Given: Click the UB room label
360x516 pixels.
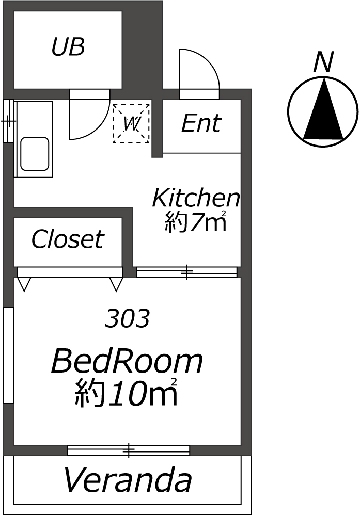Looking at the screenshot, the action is point(68,46).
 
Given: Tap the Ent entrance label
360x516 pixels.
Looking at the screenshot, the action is point(201,123).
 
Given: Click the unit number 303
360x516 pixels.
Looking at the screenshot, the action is point(127,318).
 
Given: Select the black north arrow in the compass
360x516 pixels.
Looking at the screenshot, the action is point(323,108).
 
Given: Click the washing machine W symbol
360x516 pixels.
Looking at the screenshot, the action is point(131,123).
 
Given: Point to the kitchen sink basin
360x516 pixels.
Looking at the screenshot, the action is point(35,154).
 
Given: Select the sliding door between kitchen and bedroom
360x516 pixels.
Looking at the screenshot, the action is point(187,272).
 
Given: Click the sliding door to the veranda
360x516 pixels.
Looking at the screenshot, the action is point(129,450).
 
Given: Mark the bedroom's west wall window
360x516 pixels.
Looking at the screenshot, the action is point(8,356).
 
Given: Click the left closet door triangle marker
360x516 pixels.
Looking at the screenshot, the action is point(24,284).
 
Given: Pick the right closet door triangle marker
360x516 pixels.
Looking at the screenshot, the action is point(116,284).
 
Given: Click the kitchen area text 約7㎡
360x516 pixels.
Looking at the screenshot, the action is point(196,221).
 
